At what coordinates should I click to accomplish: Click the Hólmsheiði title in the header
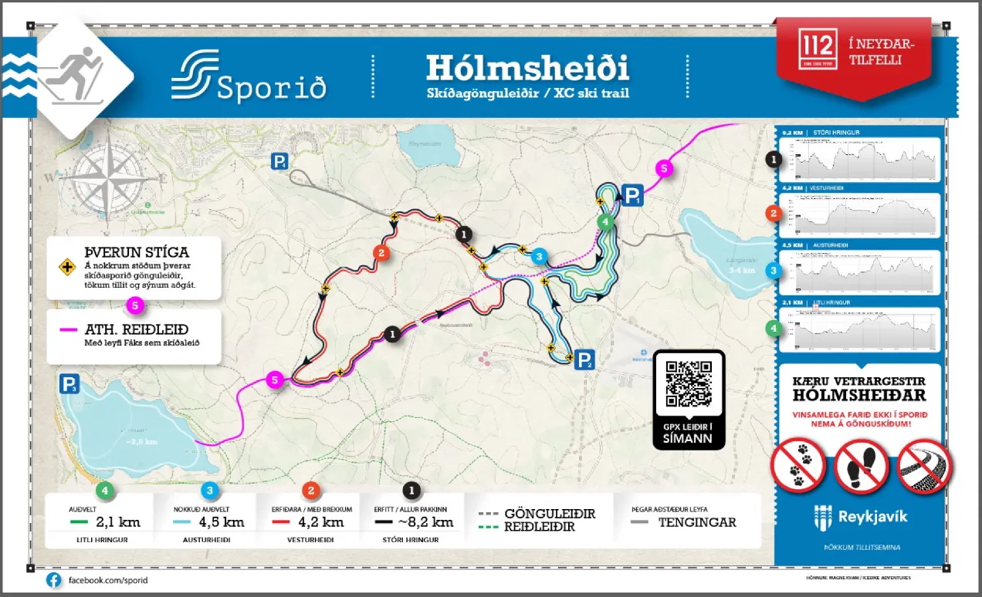coord(527,69)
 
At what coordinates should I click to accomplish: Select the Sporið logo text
coord(270,87)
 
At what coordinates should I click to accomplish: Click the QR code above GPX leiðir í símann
coord(689,383)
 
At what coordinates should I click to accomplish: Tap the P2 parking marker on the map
coord(586,359)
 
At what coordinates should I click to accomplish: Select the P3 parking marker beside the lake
coord(70,384)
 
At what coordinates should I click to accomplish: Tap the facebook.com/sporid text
coord(107,579)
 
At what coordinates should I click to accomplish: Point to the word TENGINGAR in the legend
coord(696,522)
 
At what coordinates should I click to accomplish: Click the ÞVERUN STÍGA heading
coord(137,253)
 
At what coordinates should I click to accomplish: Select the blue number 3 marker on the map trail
coord(540,256)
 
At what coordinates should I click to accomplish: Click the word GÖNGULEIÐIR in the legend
coord(549,514)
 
